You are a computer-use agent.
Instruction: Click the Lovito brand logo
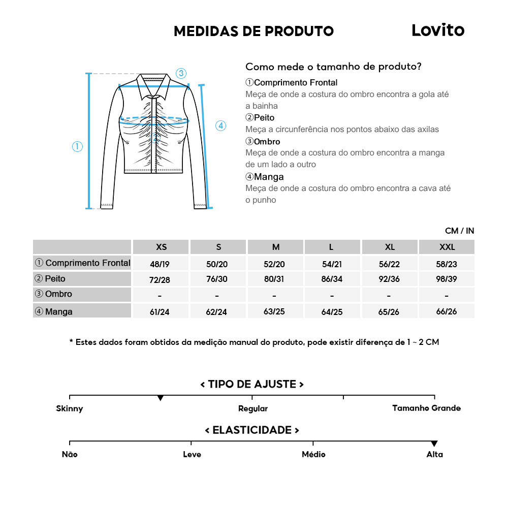click(437, 30)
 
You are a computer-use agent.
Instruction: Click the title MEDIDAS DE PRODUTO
click(253, 31)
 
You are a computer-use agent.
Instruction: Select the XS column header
click(161, 247)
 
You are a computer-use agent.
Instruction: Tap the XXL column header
click(447, 247)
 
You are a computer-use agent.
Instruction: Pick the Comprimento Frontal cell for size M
click(275, 264)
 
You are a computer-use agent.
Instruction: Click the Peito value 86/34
click(332, 280)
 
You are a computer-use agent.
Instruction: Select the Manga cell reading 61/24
click(160, 312)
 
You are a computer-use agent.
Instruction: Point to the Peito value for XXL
click(447, 279)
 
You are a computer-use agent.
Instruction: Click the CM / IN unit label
click(459, 231)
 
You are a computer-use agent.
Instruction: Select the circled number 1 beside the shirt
click(77, 147)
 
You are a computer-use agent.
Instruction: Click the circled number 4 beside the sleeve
click(220, 125)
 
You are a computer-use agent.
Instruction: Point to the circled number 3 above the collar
click(181, 73)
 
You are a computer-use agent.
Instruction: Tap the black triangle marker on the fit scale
click(161, 398)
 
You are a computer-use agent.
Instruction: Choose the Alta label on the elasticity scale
click(434, 455)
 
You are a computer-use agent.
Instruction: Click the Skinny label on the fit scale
click(70, 408)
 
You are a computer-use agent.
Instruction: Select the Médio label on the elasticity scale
click(313, 455)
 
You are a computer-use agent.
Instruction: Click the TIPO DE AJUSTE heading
click(252, 385)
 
